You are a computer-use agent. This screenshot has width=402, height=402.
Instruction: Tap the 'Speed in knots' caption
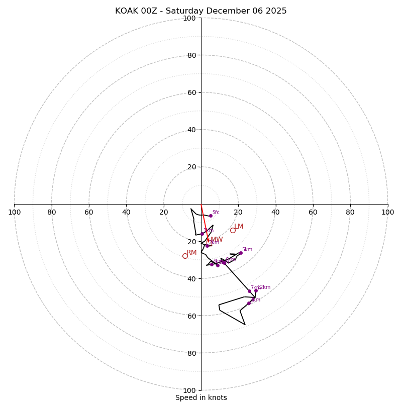201,397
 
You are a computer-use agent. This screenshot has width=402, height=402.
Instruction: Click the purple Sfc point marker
211,216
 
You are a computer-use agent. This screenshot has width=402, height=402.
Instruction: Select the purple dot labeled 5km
241,253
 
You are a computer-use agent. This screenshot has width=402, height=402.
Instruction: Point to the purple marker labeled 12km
256,290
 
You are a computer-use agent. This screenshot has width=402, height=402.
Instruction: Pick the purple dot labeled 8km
249,303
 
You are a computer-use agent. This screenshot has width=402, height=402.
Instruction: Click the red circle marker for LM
233,230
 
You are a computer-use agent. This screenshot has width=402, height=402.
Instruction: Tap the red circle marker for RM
185,256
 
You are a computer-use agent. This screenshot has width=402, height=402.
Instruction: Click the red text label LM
239,227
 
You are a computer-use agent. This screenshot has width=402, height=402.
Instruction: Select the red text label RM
191,253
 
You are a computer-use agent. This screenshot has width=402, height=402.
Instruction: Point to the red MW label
217,240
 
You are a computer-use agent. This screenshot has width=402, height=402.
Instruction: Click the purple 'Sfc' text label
216,213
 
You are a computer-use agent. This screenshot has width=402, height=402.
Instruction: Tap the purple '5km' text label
247,250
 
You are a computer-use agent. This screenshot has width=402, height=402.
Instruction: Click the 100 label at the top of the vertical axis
189,18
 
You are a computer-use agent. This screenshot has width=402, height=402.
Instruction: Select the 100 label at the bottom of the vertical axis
189,390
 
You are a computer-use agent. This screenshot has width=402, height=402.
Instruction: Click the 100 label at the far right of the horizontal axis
388,212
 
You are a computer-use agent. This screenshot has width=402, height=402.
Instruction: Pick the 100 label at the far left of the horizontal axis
14,212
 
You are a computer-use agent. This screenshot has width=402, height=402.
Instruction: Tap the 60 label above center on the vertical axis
191,92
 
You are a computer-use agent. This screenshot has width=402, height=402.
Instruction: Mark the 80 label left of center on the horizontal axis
52,212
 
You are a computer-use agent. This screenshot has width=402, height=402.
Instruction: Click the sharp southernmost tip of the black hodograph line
245,325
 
